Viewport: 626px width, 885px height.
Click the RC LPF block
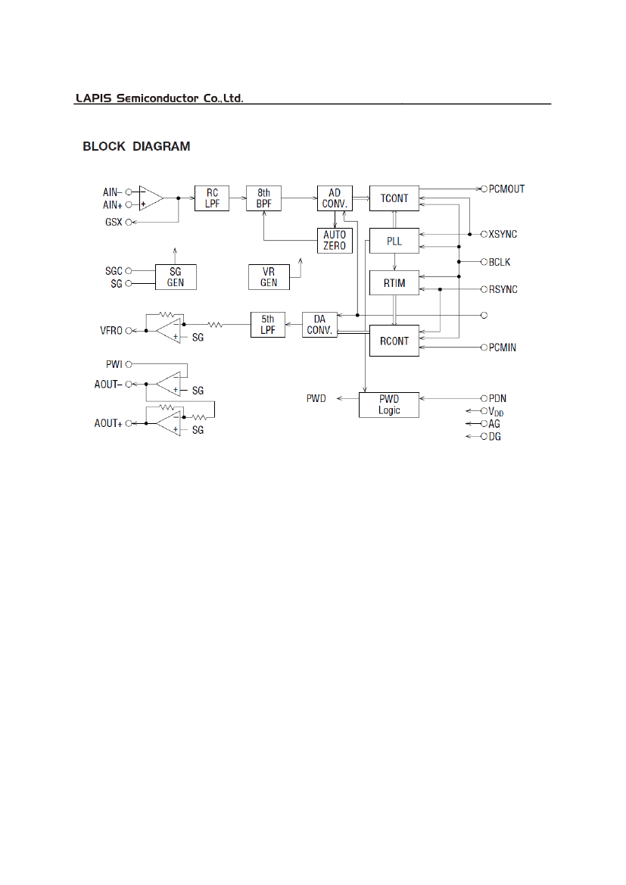pos(212,198)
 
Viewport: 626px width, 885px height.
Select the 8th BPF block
pos(263,198)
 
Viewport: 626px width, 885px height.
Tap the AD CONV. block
pos(335,198)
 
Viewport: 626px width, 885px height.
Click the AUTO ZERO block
pos(335,241)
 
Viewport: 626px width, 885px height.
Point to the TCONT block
pos(394,198)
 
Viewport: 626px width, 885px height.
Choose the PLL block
pos(394,242)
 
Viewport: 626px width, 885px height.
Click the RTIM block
pos(394,282)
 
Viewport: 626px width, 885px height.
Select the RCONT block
pos(394,341)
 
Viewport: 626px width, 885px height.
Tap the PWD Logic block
pos(389,404)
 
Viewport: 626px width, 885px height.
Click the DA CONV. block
pos(321,325)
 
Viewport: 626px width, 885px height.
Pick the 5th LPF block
pos(267,325)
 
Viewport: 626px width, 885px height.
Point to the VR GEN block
pos(269,276)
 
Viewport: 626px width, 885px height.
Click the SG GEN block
pos(175,276)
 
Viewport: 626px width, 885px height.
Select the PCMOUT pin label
pos(506,189)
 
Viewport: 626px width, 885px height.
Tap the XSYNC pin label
pos(503,234)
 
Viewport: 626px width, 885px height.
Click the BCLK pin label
pos(500,262)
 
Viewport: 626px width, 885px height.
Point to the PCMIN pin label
pos(502,347)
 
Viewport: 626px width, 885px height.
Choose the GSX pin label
pos(113,222)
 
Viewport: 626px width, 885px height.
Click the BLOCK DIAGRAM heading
pos(136,146)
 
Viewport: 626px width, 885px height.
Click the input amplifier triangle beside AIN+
pos(150,198)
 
